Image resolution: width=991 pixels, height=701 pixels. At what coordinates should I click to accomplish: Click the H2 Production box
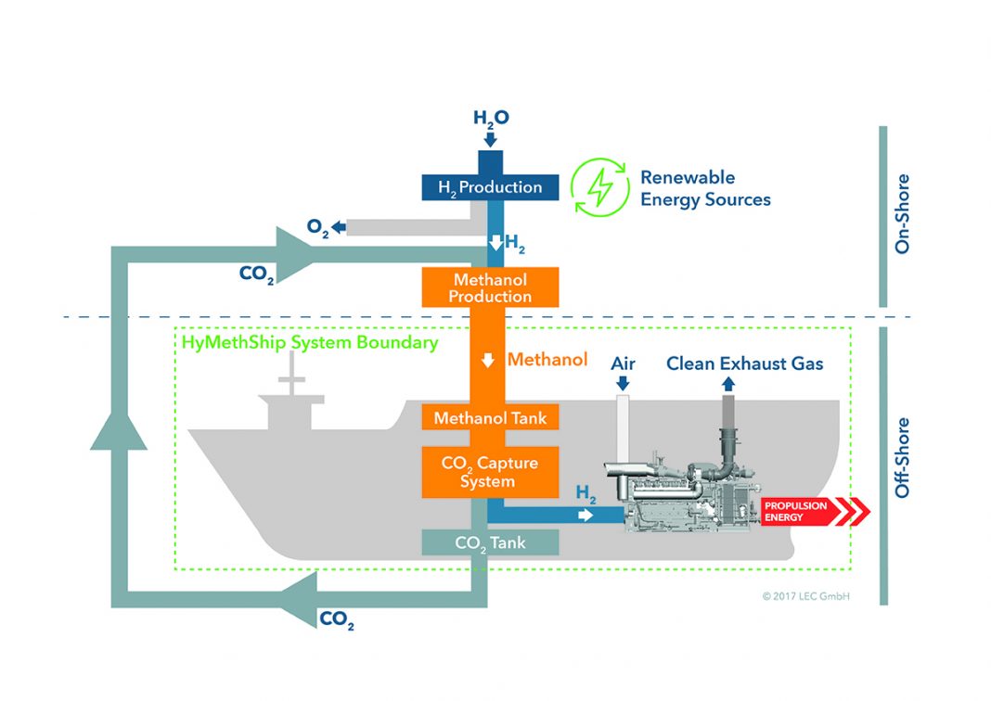[490, 186]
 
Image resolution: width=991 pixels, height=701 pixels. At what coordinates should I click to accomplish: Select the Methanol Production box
[490, 287]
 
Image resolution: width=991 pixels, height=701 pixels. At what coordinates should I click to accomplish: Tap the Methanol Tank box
[490, 418]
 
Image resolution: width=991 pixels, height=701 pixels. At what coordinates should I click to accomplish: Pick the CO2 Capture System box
[490, 470]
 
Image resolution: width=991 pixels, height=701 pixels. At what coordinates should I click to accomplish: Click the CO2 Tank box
[490, 542]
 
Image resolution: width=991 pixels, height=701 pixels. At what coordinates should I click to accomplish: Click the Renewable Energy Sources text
[704, 188]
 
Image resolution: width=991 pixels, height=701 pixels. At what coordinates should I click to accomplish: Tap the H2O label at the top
[491, 118]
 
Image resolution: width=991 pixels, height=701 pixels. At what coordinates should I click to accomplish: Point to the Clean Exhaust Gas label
[744, 363]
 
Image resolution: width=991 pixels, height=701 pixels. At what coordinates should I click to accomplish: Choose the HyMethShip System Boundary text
[310, 342]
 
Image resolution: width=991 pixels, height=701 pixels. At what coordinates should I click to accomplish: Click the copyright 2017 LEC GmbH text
[804, 596]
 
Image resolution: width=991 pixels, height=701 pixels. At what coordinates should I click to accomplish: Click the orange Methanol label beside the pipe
[547, 359]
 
